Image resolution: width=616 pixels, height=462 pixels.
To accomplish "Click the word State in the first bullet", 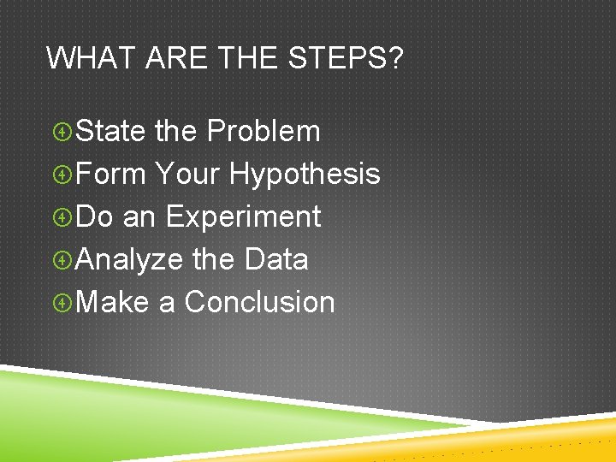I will pos(111,132).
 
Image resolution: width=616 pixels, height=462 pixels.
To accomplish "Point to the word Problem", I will pos(264,132).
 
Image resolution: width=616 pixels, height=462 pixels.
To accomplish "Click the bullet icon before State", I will pos(62,133).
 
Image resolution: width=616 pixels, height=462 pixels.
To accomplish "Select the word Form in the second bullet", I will pos(111,175).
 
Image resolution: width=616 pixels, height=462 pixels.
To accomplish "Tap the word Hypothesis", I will pos(305,175).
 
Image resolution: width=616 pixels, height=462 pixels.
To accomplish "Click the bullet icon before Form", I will pos(62,175).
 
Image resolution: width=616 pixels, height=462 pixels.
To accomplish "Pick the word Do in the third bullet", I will pos(94,217).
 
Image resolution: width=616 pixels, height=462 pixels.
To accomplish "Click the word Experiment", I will pos(243,217).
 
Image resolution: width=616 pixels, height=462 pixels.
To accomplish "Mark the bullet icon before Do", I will pos(62,218).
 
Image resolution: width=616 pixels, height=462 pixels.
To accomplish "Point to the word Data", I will pos(275,259).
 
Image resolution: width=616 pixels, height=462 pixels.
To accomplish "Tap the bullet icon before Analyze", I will pos(62,260).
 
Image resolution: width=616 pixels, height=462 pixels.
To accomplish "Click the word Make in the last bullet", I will pos(112,302).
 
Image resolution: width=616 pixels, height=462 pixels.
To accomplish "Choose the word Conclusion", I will pos(259,302).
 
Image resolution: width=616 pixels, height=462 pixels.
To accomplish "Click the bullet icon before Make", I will pos(62,303).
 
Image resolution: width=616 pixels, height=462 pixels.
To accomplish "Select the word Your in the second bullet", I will pos(187,175).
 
